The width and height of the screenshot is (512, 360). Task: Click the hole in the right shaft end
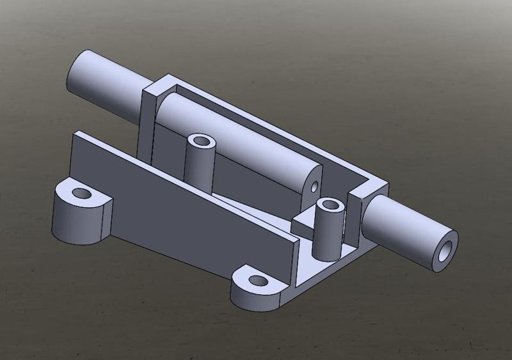tap(444, 250)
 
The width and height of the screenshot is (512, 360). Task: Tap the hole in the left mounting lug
tap(81, 192)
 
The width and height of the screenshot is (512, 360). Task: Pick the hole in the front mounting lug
tap(257, 280)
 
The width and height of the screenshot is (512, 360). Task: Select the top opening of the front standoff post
tap(331, 205)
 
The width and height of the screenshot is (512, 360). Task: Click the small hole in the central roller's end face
tap(314, 187)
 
